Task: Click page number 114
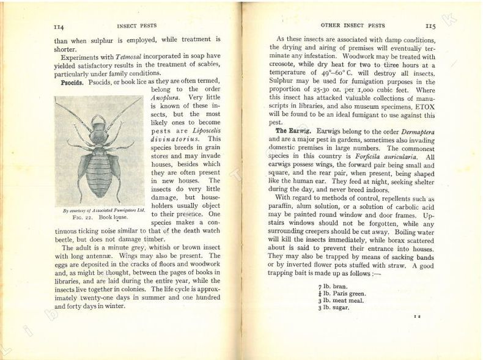click(x=59, y=26)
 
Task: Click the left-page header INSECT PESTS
click(x=137, y=26)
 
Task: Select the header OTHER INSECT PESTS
click(x=353, y=26)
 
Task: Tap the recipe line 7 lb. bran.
click(x=334, y=286)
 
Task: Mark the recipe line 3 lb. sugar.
click(x=334, y=307)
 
